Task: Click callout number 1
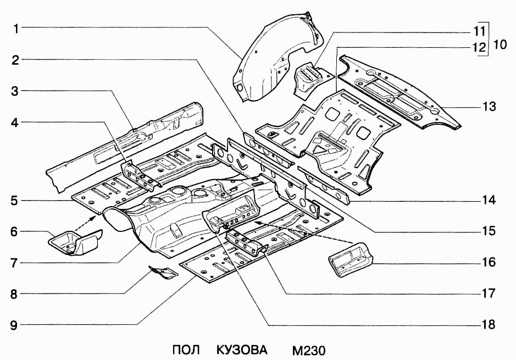pos(16,27)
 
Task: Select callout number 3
pos(16,91)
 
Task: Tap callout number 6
pos(16,232)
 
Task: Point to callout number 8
pos(16,294)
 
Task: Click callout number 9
pos(16,325)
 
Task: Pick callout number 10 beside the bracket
pos(499,43)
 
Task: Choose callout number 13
pos(489,107)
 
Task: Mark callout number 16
pos(489,262)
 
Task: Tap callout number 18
pos(489,325)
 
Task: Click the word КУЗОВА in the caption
pos(242,350)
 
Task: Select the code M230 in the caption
pos(309,350)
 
